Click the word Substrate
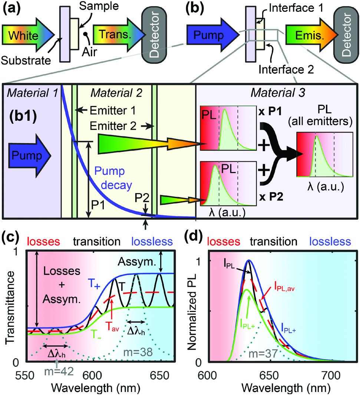click(x=26, y=60)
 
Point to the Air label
click(x=89, y=52)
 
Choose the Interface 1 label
click(x=296, y=8)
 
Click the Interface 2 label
click(x=286, y=69)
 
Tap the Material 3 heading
click(x=278, y=93)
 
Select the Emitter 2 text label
click(x=113, y=126)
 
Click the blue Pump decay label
click(x=113, y=178)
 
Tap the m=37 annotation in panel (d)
click(x=263, y=354)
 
